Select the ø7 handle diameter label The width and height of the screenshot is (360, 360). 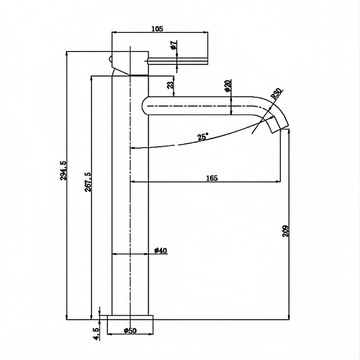point(174,46)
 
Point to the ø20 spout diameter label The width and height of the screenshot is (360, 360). point(227,86)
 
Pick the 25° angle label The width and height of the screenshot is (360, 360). point(203,137)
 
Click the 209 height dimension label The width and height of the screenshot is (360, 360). point(286,230)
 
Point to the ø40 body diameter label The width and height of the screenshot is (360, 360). point(160,250)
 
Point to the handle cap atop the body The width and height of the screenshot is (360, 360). point(130,62)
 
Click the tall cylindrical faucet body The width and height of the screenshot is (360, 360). point(130,216)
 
